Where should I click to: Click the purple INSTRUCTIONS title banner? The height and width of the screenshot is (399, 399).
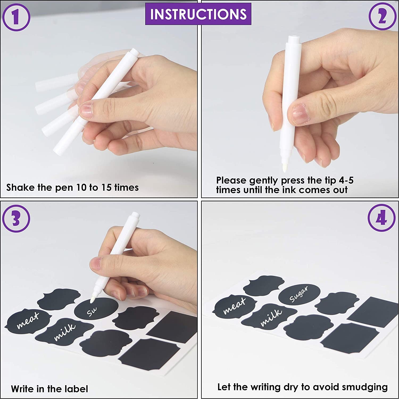coord(198,14)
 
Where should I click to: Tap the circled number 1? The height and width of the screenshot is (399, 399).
coord(16,17)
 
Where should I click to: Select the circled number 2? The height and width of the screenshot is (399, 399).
coord(382,16)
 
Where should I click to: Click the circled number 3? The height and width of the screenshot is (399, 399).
coord(16,219)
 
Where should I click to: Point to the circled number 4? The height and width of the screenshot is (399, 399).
coord(381,218)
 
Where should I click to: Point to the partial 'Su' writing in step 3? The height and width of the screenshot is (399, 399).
coord(92,312)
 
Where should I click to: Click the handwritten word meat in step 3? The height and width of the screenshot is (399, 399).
coord(28,320)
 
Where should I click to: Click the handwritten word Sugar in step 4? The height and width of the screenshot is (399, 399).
coord(299,294)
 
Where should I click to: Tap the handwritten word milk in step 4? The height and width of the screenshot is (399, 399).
coord(271,317)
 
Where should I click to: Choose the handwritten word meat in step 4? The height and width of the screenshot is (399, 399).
coord(234,306)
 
